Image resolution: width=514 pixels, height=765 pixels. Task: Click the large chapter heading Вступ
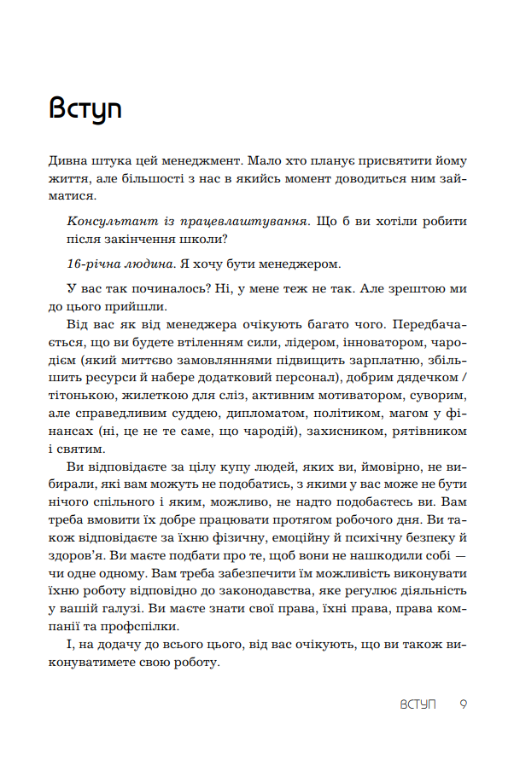(85, 109)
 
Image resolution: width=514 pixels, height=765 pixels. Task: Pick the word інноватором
(376, 343)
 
